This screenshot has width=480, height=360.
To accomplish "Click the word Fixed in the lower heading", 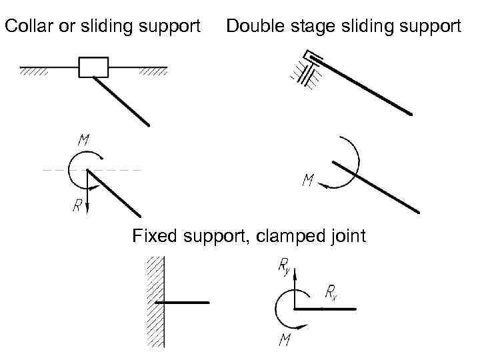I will [x=151, y=236].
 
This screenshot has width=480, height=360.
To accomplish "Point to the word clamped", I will [x=287, y=237].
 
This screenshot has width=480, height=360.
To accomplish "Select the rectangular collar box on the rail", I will [x=93, y=67].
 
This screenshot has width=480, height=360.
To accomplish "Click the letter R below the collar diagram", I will [x=77, y=206].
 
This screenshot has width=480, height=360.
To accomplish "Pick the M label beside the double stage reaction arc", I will [x=308, y=181].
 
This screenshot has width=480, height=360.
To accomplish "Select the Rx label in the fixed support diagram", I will [x=331, y=291].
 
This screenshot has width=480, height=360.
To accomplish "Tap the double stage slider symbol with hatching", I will [x=308, y=69].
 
